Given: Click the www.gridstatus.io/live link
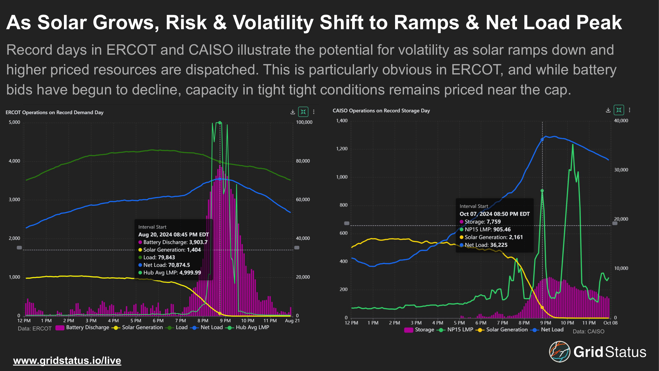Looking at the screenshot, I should coord(67,361).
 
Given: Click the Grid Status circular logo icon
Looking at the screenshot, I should coord(559,351).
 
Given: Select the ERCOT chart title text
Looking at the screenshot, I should coord(55,112).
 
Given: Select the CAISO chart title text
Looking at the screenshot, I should coord(381,111).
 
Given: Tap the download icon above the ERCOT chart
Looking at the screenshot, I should coord(293,112).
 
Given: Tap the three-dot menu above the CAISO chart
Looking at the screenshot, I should coord(630,110).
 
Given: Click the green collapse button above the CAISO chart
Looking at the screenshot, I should coord(619,110).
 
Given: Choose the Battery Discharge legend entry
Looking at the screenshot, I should coord(82,327).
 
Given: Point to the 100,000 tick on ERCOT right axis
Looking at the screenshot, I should coord(304,122).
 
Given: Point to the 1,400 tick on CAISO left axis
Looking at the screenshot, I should coord(342,121).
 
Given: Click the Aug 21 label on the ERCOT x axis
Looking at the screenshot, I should coord(292,321).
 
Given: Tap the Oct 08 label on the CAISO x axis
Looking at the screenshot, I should coord(610,323).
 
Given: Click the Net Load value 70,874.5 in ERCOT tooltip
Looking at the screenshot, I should coord(179,265).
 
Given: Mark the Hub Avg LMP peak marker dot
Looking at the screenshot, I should coord(220,123).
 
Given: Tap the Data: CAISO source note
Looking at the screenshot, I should coord(588,332).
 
